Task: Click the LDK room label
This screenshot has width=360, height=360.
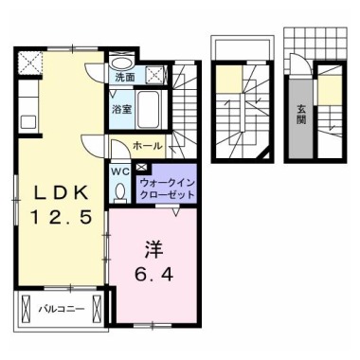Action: [61, 192]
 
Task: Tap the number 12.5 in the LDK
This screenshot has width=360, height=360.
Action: [61, 217]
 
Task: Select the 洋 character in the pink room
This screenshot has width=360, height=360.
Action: [154, 249]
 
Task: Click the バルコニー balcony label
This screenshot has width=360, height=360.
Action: [62, 309]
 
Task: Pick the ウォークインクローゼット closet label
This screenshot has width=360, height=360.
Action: [167, 189]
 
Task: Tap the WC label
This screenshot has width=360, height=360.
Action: [120, 172]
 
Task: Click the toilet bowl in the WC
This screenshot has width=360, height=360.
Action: [120, 192]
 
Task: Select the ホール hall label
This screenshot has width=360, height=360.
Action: [148, 146]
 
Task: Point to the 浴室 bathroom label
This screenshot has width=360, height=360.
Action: [122, 109]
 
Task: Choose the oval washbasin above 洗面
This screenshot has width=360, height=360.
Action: [123, 63]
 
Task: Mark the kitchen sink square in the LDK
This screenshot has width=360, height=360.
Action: [28, 122]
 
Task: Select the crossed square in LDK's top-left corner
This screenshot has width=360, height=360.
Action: [30, 63]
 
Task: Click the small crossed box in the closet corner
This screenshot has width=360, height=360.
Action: [140, 167]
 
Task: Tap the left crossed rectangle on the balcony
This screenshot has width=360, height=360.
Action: [26, 309]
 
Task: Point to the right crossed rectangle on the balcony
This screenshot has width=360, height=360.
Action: [97, 309]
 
